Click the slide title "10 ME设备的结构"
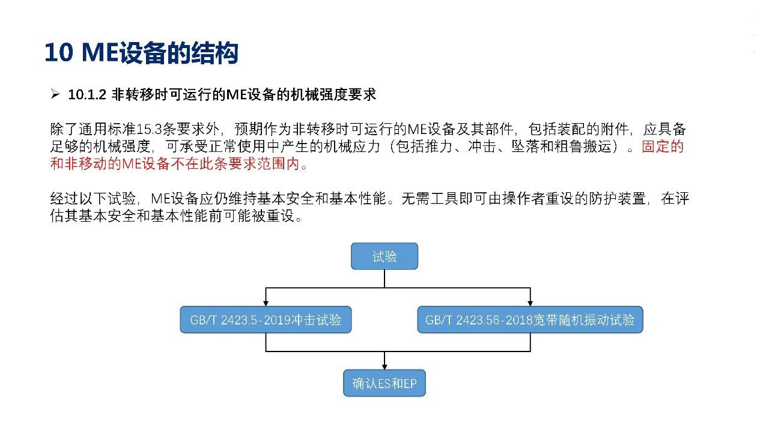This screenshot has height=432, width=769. click(141, 53)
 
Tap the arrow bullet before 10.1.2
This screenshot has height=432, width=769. click(55, 94)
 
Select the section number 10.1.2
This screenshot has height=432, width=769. click(87, 94)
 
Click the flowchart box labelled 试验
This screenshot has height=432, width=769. click(384, 256)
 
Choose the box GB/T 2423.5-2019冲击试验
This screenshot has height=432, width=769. click(266, 320)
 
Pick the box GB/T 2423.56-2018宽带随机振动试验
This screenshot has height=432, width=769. click(530, 320)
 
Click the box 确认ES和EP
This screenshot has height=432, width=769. click(384, 383)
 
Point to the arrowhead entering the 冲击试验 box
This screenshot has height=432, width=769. click(266, 303)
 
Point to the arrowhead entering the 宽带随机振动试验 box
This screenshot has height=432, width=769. click(530, 303)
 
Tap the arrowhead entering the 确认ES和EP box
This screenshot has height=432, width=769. click(384, 367)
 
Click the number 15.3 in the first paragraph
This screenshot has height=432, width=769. click(149, 129)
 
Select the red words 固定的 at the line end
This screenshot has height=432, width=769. click(663, 147)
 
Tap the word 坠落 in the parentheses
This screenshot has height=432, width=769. click(525, 147)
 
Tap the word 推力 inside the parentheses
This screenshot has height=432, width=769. click(439, 147)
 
